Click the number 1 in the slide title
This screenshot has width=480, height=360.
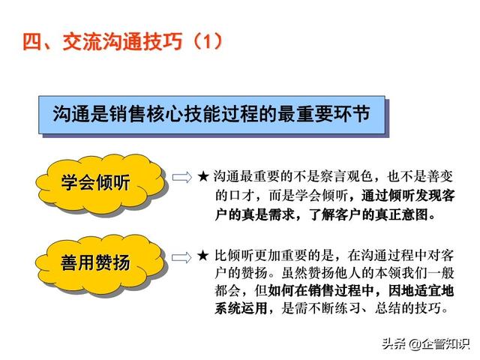[208, 41]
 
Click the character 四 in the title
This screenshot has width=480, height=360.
[31, 41]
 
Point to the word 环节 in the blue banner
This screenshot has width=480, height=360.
[351, 114]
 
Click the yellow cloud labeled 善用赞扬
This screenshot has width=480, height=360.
[101, 264]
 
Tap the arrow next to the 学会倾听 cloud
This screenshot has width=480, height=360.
[181, 177]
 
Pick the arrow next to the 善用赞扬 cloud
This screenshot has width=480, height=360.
[181, 257]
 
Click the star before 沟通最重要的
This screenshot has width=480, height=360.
[203, 177]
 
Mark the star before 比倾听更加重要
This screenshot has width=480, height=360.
[203, 256]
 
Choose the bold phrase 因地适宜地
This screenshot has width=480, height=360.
[421, 290]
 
